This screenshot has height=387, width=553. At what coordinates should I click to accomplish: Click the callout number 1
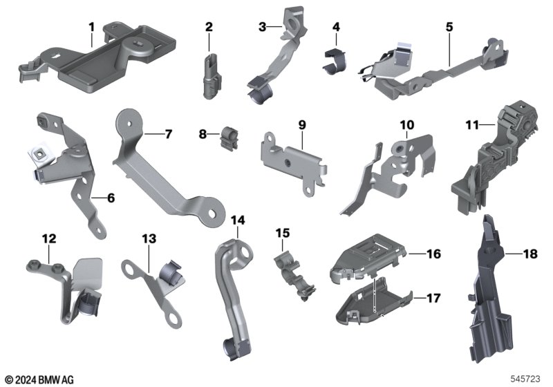(92, 27)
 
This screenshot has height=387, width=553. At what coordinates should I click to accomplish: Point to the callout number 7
(169, 134)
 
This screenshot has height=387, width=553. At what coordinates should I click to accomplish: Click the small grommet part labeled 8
(229, 139)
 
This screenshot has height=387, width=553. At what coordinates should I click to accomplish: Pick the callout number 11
(473, 125)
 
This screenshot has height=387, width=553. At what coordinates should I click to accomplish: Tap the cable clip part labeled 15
(294, 276)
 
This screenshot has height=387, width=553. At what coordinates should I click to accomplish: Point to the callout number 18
(530, 254)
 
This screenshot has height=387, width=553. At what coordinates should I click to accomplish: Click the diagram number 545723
(525, 379)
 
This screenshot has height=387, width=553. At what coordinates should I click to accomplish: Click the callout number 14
(238, 220)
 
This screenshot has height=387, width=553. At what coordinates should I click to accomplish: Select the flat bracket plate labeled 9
(294, 162)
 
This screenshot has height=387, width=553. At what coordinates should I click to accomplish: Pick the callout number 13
(149, 238)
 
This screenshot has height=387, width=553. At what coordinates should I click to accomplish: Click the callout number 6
(111, 198)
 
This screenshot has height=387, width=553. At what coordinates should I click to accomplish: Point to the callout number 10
(407, 125)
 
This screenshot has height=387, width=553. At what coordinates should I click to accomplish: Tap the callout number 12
(49, 238)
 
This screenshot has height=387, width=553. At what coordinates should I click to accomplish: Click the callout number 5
(449, 27)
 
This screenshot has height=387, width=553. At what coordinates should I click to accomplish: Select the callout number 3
(262, 27)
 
